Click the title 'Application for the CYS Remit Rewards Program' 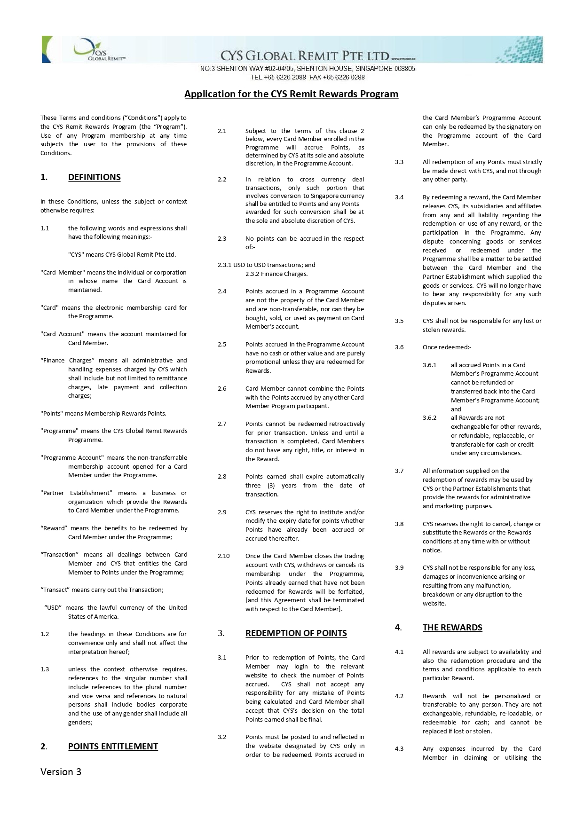tap(291, 94)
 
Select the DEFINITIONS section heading tap(94, 177)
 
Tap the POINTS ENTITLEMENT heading tap(113, 747)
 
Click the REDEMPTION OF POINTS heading tap(296, 633)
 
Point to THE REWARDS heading tap(452, 628)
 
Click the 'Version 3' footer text tap(61, 772)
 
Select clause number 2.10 tap(223, 556)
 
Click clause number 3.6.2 tap(429, 418)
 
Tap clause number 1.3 tap(45, 669)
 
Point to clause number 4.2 tap(399, 696)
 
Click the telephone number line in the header tap(308, 78)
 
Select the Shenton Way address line tap(308, 69)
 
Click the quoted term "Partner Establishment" tap(76, 493)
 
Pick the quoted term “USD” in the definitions tap(53, 608)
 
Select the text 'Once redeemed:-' tap(447, 347)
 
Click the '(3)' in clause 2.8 tap(271, 486)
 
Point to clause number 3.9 tap(399, 568)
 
